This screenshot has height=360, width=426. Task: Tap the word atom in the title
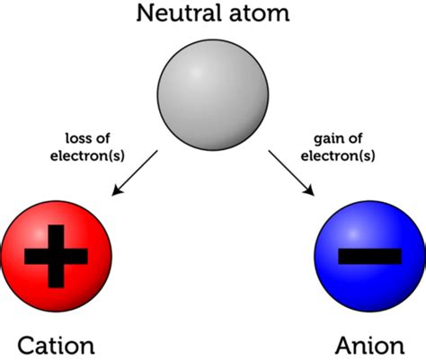click(259, 13)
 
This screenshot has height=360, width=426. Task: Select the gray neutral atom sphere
click(213, 95)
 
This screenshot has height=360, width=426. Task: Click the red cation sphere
click(57, 257)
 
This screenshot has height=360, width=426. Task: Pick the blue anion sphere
click(370, 257)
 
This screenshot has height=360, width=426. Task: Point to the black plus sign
click(56, 257)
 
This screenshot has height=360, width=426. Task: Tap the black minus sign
click(369, 257)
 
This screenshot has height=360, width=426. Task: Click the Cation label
click(56, 346)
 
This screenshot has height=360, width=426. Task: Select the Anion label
click(370, 346)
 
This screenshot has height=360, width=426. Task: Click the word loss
click(76, 138)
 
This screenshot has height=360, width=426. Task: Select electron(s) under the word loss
click(87, 156)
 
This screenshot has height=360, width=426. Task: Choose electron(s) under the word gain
click(338, 156)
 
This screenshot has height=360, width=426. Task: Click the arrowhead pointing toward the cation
click(116, 191)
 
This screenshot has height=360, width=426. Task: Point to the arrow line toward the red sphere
click(135, 173)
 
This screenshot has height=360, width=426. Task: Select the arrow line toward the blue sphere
click(291, 173)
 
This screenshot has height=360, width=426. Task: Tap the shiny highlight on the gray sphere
click(195, 73)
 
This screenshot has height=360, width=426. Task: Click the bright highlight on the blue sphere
click(353, 233)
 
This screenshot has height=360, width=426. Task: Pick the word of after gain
click(353, 138)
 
